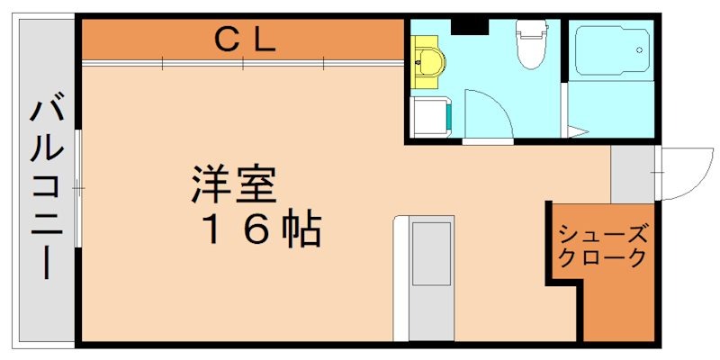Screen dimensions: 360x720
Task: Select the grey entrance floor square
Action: click(633, 174)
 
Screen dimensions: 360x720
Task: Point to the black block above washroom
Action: click(469, 25)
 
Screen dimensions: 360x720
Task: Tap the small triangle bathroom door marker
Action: click(577, 133)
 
